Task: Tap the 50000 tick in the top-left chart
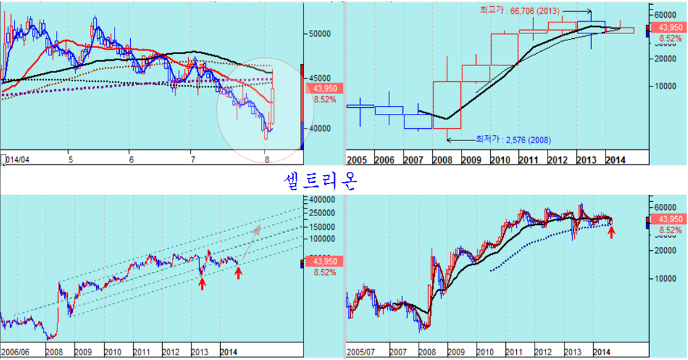pyautogui.click(x=325, y=33)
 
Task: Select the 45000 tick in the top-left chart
pyautogui.click(x=325, y=78)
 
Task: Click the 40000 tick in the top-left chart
pyautogui.click(x=325, y=128)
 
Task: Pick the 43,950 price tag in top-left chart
pyautogui.click(x=325, y=89)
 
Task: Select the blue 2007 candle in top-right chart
pyautogui.click(x=417, y=121)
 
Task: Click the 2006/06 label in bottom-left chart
pyautogui.click(x=16, y=352)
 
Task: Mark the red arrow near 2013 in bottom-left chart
pyautogui.click(x=202, y=283)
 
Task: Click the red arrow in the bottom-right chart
pyautogui.click(x=612, y=232)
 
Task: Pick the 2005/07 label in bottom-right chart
pyautogui.click(x=362, y=352)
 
